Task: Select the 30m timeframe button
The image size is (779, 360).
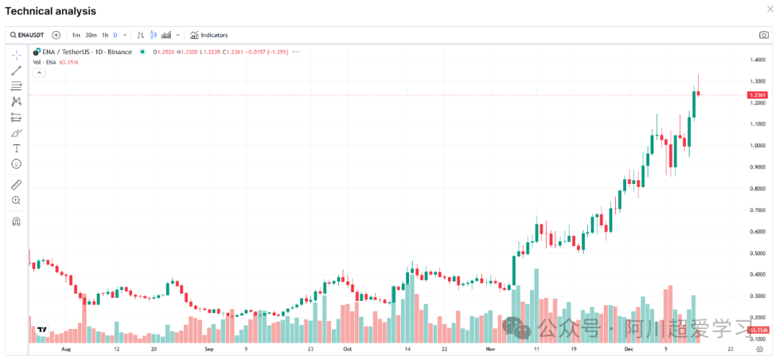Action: tap(91, 35)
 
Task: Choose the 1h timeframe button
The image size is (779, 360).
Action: tap(105, 35)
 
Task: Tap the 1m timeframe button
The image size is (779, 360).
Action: tap(76, 35)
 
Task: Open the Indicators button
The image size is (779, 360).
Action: tap(209, 35)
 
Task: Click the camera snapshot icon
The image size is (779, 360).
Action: tap(764, 35)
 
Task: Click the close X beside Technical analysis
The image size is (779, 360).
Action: tap(769, 9)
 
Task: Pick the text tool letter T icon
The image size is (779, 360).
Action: tap(17, 148)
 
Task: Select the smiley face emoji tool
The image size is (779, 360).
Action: tap(17, 164)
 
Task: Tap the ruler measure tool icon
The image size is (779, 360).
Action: tap(17, 185)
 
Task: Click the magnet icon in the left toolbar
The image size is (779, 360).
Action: tap(17, 221)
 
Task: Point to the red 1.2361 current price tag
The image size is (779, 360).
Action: tap(757, 95)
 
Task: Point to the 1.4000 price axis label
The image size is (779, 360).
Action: tap(757, 59)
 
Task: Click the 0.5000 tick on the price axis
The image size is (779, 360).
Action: tap(757, 253)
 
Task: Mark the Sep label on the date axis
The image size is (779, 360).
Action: tap(209, 348)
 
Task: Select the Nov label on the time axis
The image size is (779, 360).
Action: tap(490, 348)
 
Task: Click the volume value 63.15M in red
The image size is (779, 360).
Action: tap(69, 62)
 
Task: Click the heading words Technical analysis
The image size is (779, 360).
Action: tap(50, 11)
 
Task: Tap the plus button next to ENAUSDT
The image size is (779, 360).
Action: tap(56, 35)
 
